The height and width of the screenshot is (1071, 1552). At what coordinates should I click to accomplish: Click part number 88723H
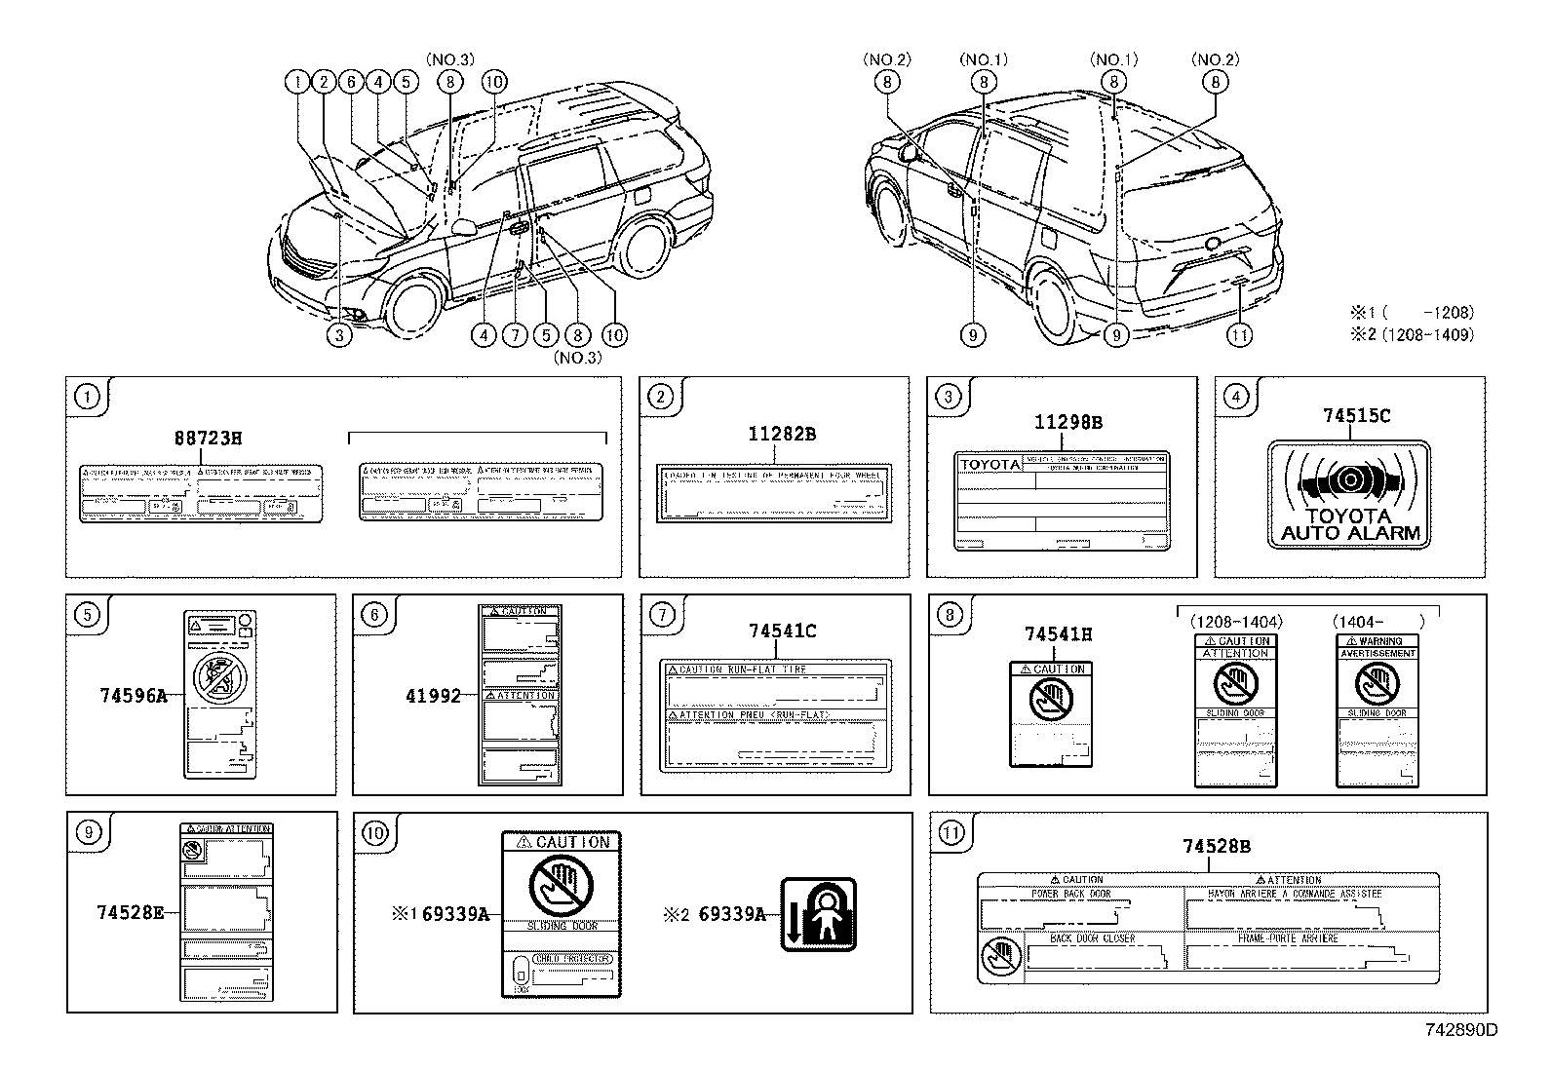tap(207, 438)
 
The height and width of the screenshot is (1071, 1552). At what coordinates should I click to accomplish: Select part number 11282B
tap(782, 434)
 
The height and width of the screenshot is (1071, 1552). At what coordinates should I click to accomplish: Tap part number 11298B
tap(1067, 422)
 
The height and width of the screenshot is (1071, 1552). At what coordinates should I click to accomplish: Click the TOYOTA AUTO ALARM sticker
tap(1349, 495)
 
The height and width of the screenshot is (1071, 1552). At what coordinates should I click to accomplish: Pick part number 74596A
tap(133, 695)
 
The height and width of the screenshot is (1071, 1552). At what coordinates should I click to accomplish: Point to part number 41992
tap(433, 695)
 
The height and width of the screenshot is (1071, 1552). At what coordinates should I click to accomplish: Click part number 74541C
tap(782, 631)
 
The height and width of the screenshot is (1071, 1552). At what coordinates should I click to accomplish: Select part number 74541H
tap(1058, 634)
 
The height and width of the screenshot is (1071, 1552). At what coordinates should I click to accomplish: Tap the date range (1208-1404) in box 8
tap(1237, 621)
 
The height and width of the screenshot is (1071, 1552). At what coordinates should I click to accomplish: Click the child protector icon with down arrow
tap(819, 914)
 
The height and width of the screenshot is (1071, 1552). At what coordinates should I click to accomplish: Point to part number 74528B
tap(1216, 847)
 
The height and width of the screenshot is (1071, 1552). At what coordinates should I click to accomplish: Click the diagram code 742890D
tap(1460, 1029)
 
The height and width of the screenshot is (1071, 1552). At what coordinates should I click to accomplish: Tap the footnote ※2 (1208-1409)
tap(1411, 334)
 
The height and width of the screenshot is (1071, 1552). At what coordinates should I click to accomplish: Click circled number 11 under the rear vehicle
tap(1238, 335)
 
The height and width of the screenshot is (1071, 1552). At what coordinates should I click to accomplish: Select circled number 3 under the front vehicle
tap(337, 335)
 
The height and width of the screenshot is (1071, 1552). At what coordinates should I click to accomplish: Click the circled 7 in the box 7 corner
tap(661, 614)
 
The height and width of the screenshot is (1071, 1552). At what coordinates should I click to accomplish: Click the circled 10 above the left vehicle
tap(493, 82)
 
